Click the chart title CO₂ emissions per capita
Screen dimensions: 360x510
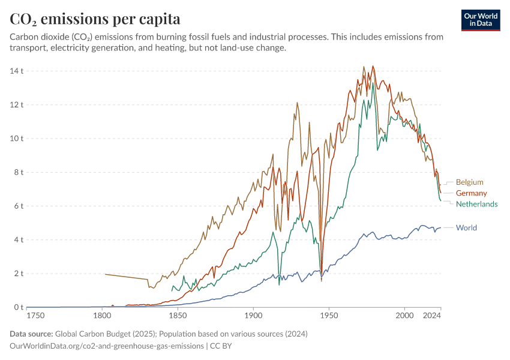click(x=95, y=19)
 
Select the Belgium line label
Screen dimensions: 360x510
click(x=469, y=182)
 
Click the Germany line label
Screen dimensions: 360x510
click(x=471, y=193)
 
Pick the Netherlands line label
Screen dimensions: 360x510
click(x=476, y=204)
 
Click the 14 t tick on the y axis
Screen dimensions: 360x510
click(x=16, y=71)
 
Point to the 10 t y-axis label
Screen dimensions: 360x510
click(x=16, y=139)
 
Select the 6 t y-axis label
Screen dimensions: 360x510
click(x=18, y=206)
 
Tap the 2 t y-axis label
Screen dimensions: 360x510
click(x=18, y=274)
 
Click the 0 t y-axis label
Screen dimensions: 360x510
click(x=18, y=307)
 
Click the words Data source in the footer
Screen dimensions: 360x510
click(x=31, y=334)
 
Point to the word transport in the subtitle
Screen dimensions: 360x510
click(x=28, y=48)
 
